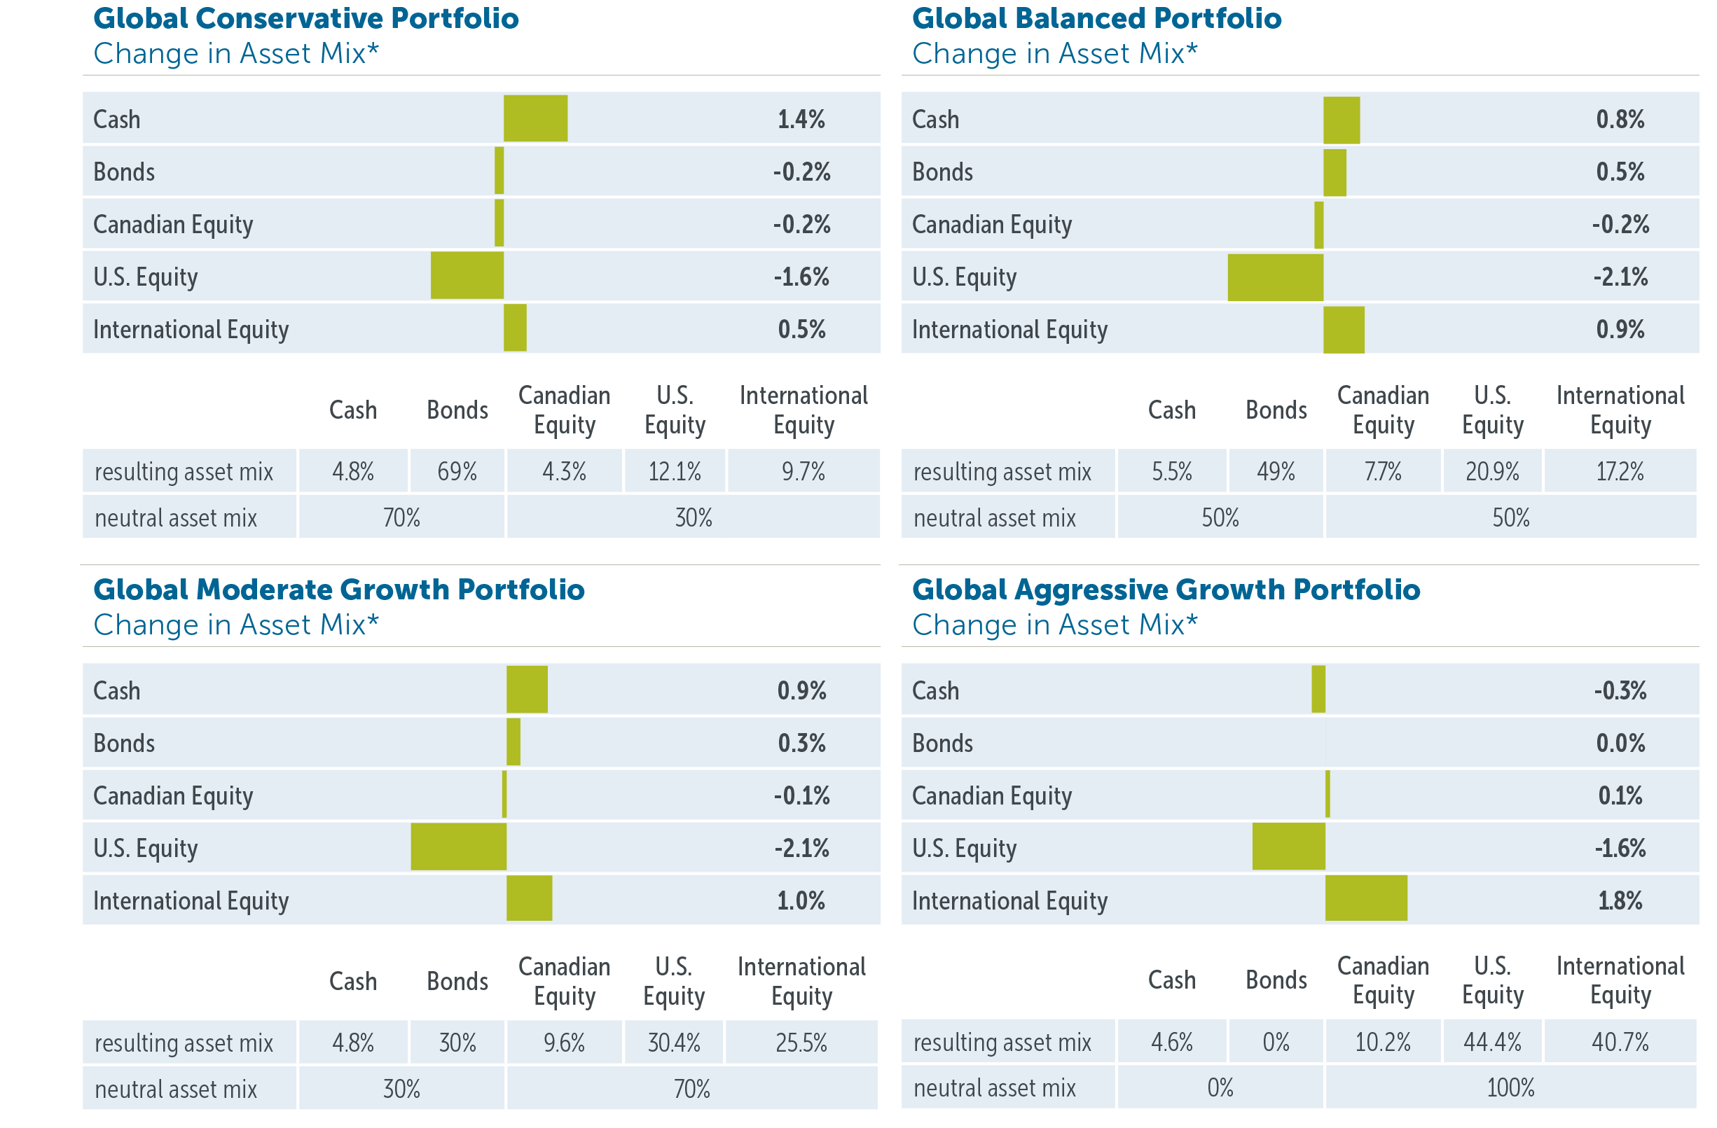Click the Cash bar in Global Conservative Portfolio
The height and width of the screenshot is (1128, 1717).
535,118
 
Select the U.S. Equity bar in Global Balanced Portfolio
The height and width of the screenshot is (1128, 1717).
1275,277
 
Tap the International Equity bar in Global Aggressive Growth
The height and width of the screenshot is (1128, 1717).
1365,898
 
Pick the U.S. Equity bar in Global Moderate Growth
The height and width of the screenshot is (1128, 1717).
458,847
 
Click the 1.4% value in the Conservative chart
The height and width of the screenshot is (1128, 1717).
801,119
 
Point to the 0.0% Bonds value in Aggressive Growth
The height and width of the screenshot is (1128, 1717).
1620,743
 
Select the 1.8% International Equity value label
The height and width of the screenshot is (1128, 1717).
1620,900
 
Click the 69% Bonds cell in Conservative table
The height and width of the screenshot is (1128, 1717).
457,472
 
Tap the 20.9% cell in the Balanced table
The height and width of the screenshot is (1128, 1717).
1491,472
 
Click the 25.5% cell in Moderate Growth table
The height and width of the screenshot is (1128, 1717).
801,1042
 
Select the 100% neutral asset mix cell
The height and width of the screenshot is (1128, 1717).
1510,1087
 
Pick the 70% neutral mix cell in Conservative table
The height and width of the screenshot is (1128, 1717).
401,518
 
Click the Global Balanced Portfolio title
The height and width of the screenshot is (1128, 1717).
1096,19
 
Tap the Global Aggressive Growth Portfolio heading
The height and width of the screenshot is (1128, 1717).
1165,590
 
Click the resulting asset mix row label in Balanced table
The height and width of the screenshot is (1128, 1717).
1001,472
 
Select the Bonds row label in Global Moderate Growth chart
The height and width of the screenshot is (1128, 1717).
124,743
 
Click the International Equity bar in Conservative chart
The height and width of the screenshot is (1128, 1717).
515,328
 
